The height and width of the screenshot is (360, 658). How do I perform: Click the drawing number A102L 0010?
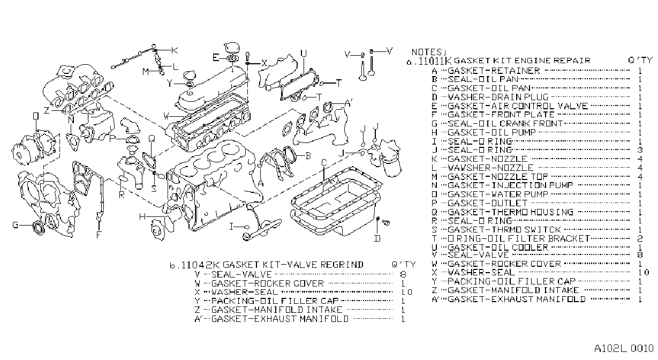[624, 349]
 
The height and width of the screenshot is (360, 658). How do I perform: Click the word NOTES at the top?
[427, 52]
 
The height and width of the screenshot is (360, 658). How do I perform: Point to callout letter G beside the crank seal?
[16, 225]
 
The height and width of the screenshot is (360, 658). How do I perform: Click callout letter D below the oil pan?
[377, 238]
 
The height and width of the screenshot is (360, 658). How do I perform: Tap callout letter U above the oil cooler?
[304, 54]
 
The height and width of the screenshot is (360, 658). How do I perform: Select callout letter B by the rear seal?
[308, 156]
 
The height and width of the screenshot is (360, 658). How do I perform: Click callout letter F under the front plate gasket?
[99, 235]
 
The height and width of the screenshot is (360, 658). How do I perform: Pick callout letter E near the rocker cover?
[216, 58]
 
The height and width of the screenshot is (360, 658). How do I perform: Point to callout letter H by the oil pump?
[142, 217]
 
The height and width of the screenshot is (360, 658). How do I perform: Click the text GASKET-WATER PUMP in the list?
[498, 194]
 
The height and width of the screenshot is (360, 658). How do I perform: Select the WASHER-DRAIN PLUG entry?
[498, 97]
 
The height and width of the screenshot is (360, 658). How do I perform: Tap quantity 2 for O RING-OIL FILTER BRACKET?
[640, 238]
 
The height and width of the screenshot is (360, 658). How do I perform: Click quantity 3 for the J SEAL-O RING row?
[640, 150]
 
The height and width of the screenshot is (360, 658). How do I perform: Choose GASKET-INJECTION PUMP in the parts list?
[510, 185]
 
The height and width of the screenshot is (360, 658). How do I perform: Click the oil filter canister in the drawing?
[392, 166]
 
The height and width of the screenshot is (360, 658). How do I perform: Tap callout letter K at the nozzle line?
[175, 50]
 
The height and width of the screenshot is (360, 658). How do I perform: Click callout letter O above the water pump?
[36, 116]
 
